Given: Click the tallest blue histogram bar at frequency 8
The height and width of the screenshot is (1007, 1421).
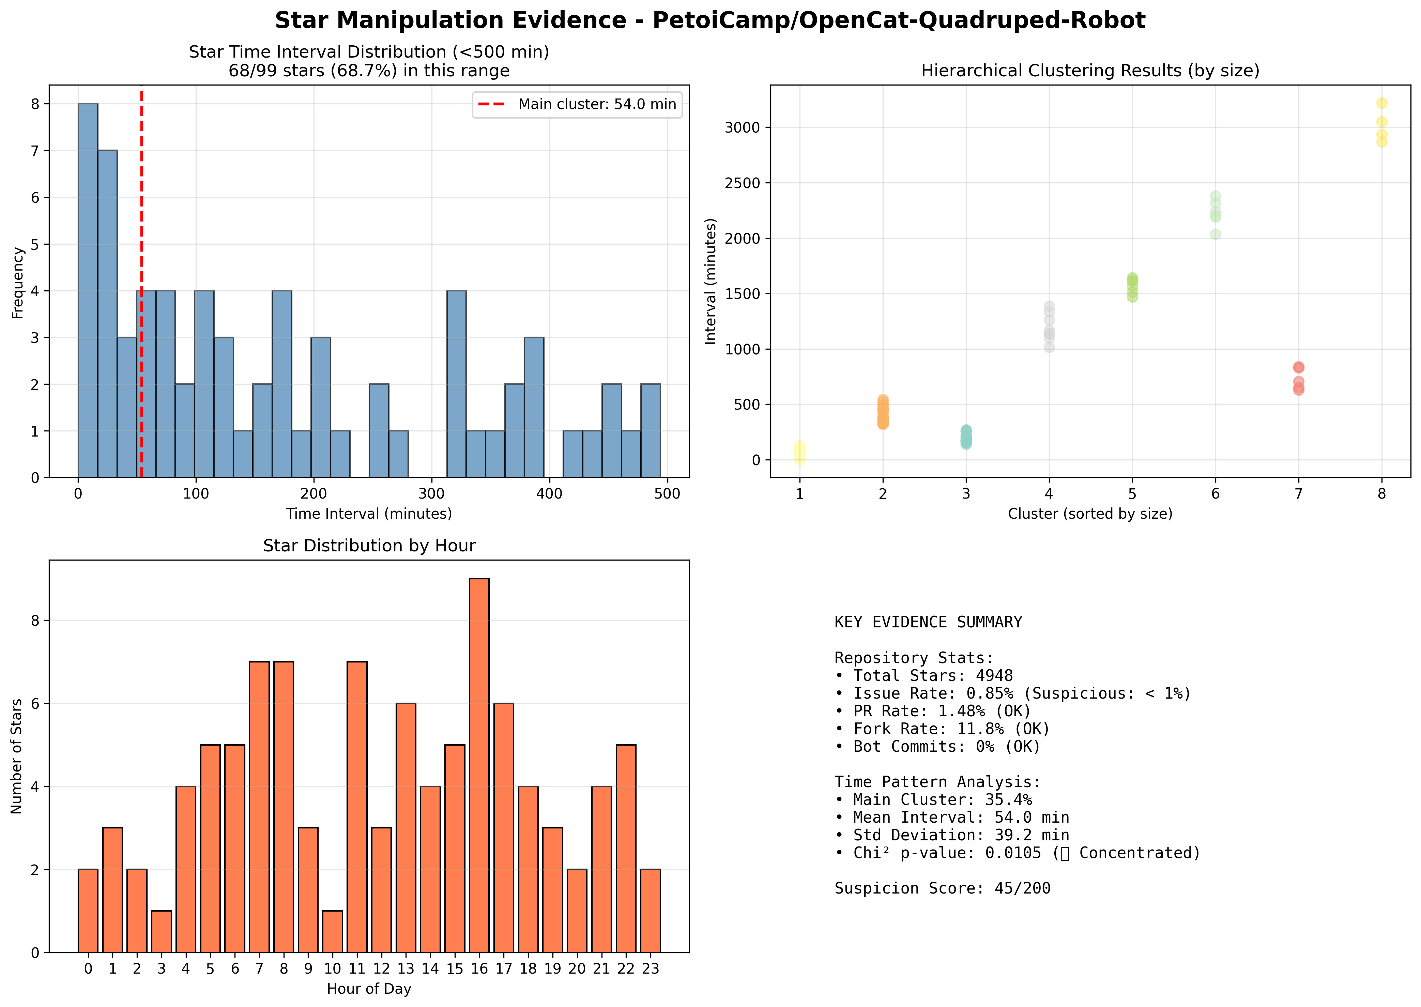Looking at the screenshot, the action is [88, 290].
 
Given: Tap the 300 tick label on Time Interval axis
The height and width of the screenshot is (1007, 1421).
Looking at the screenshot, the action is [431, 494].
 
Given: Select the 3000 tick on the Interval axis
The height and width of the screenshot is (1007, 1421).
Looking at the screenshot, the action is [742, 128].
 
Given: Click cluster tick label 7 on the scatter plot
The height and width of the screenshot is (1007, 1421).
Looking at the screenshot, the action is [1298, 494].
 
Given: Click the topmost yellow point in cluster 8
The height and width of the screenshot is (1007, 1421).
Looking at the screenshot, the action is [1381, 103].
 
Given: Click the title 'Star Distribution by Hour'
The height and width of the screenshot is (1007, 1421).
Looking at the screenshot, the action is [369, 546].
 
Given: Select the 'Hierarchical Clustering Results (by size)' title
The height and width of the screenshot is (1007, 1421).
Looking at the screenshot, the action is [1090, 71].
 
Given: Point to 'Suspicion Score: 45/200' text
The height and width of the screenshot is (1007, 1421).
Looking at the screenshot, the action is [942, 888].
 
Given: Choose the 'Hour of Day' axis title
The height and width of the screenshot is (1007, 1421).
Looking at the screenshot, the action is [369, 989].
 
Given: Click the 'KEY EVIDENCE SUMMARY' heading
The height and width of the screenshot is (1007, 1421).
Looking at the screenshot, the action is [928, 623].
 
